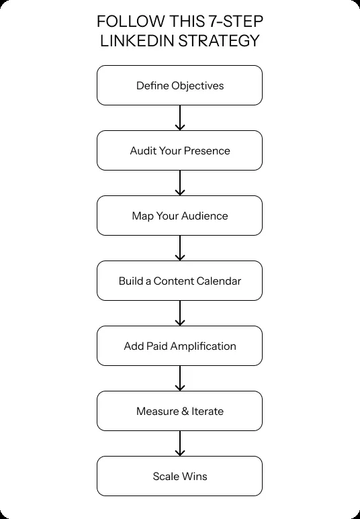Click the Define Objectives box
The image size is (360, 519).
point(179,85)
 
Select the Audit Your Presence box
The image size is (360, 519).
point(179,150)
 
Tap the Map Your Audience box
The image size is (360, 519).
point(179,216)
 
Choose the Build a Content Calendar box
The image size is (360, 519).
point(179,281)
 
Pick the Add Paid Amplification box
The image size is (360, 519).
point(179,346)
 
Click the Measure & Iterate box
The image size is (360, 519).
point(179,411)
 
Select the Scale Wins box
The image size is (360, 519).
point(179,476)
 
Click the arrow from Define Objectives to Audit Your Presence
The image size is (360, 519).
point(179,118)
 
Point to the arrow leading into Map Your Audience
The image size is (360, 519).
point(179,183)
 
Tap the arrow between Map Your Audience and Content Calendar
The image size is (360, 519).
point(179,248)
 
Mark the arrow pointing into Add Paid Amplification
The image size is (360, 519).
point(179,314)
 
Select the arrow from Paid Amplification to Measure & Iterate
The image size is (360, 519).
point(179,379)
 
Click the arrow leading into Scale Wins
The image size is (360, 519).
point(179,444)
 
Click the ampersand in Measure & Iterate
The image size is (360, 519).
point(185,411)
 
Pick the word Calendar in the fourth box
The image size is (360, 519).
point(218,281)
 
